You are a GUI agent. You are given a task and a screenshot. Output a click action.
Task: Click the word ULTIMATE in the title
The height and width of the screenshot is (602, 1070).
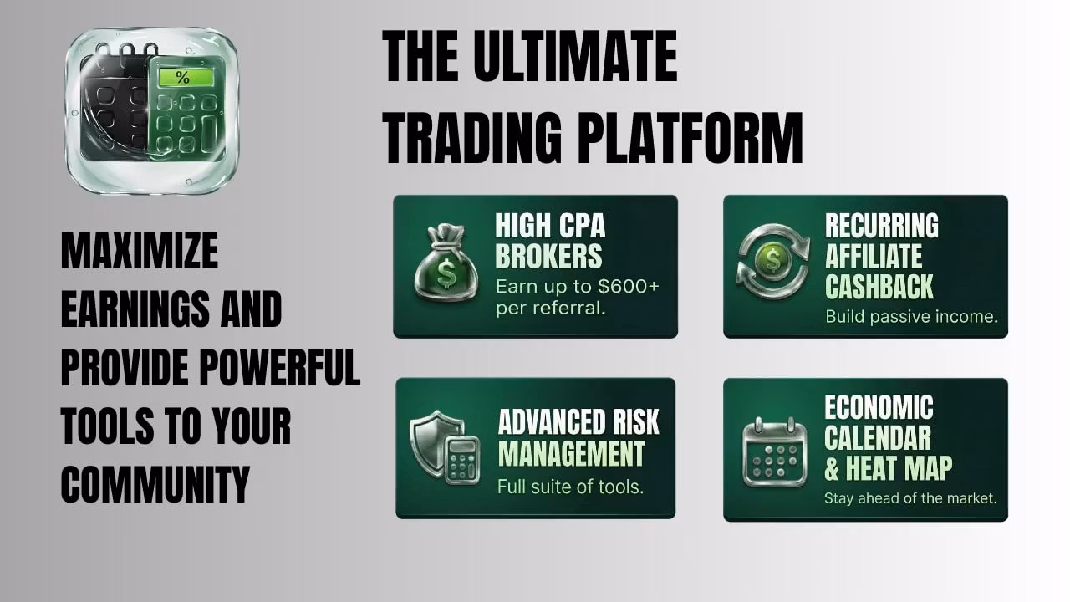tap(575, 56)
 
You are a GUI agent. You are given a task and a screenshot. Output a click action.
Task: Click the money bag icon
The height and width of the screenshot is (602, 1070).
tap(446, 263)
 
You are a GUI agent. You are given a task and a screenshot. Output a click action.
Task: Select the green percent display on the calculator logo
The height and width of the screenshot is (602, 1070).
tap(186, 77)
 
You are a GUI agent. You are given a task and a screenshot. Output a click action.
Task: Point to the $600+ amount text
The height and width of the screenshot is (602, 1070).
tap(629, 286)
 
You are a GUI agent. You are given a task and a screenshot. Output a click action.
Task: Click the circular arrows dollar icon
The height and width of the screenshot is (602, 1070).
tap(773, 262)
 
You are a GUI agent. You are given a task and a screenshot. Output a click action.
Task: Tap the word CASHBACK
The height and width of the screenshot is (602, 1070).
tap(879, 287)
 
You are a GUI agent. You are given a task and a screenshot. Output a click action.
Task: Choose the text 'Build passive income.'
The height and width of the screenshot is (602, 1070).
tap(911, 316)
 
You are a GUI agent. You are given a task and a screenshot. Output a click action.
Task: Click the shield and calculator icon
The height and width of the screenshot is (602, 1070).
tap(445, 446)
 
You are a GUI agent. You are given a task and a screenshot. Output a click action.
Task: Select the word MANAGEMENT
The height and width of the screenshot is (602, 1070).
tap(571, 453)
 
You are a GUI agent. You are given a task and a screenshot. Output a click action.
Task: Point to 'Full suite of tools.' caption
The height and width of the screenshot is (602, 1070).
tap(570, 487)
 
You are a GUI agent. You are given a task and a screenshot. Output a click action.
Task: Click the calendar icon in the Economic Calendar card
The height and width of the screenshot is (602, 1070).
tap(774, 452)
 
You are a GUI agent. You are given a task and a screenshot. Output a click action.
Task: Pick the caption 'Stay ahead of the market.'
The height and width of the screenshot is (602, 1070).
tap(910, 498)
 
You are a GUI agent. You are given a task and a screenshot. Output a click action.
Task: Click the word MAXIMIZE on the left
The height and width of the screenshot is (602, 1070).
tap(140, 251)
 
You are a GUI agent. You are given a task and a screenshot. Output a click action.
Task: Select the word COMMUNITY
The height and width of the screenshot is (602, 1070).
tap(155, 484)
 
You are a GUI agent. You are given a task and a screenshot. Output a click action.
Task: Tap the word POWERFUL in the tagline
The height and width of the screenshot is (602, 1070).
tap(279, 367)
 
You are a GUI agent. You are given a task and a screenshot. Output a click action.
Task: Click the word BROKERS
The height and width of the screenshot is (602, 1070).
tap(548, 256)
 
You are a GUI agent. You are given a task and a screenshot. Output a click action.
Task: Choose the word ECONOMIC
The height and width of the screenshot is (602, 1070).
tap(879, 407)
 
